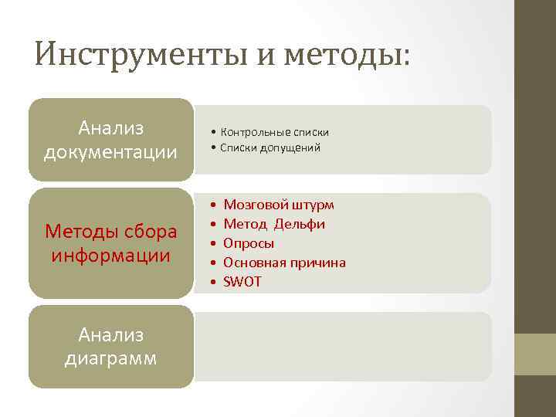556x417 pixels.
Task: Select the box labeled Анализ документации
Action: point(110,140)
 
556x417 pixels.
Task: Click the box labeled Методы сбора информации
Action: point(110,242)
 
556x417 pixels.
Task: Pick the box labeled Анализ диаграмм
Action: point(110,347)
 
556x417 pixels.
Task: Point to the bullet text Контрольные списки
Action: point(274,132)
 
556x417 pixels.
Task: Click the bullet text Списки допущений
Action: point(270,147)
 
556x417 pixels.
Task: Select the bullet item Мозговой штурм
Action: point(279,205)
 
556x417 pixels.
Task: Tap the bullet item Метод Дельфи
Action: point(274,224)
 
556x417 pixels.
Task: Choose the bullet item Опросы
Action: point(249,243)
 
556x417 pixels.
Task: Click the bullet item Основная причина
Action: point(284,263)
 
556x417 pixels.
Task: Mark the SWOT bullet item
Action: point(242,282)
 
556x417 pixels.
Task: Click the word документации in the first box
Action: point(110,151)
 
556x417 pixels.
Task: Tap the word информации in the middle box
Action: point(110,254)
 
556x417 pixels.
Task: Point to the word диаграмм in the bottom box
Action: point(110,358)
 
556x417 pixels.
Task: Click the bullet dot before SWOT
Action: point(212,282)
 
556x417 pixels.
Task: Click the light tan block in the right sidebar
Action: point(535,354)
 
